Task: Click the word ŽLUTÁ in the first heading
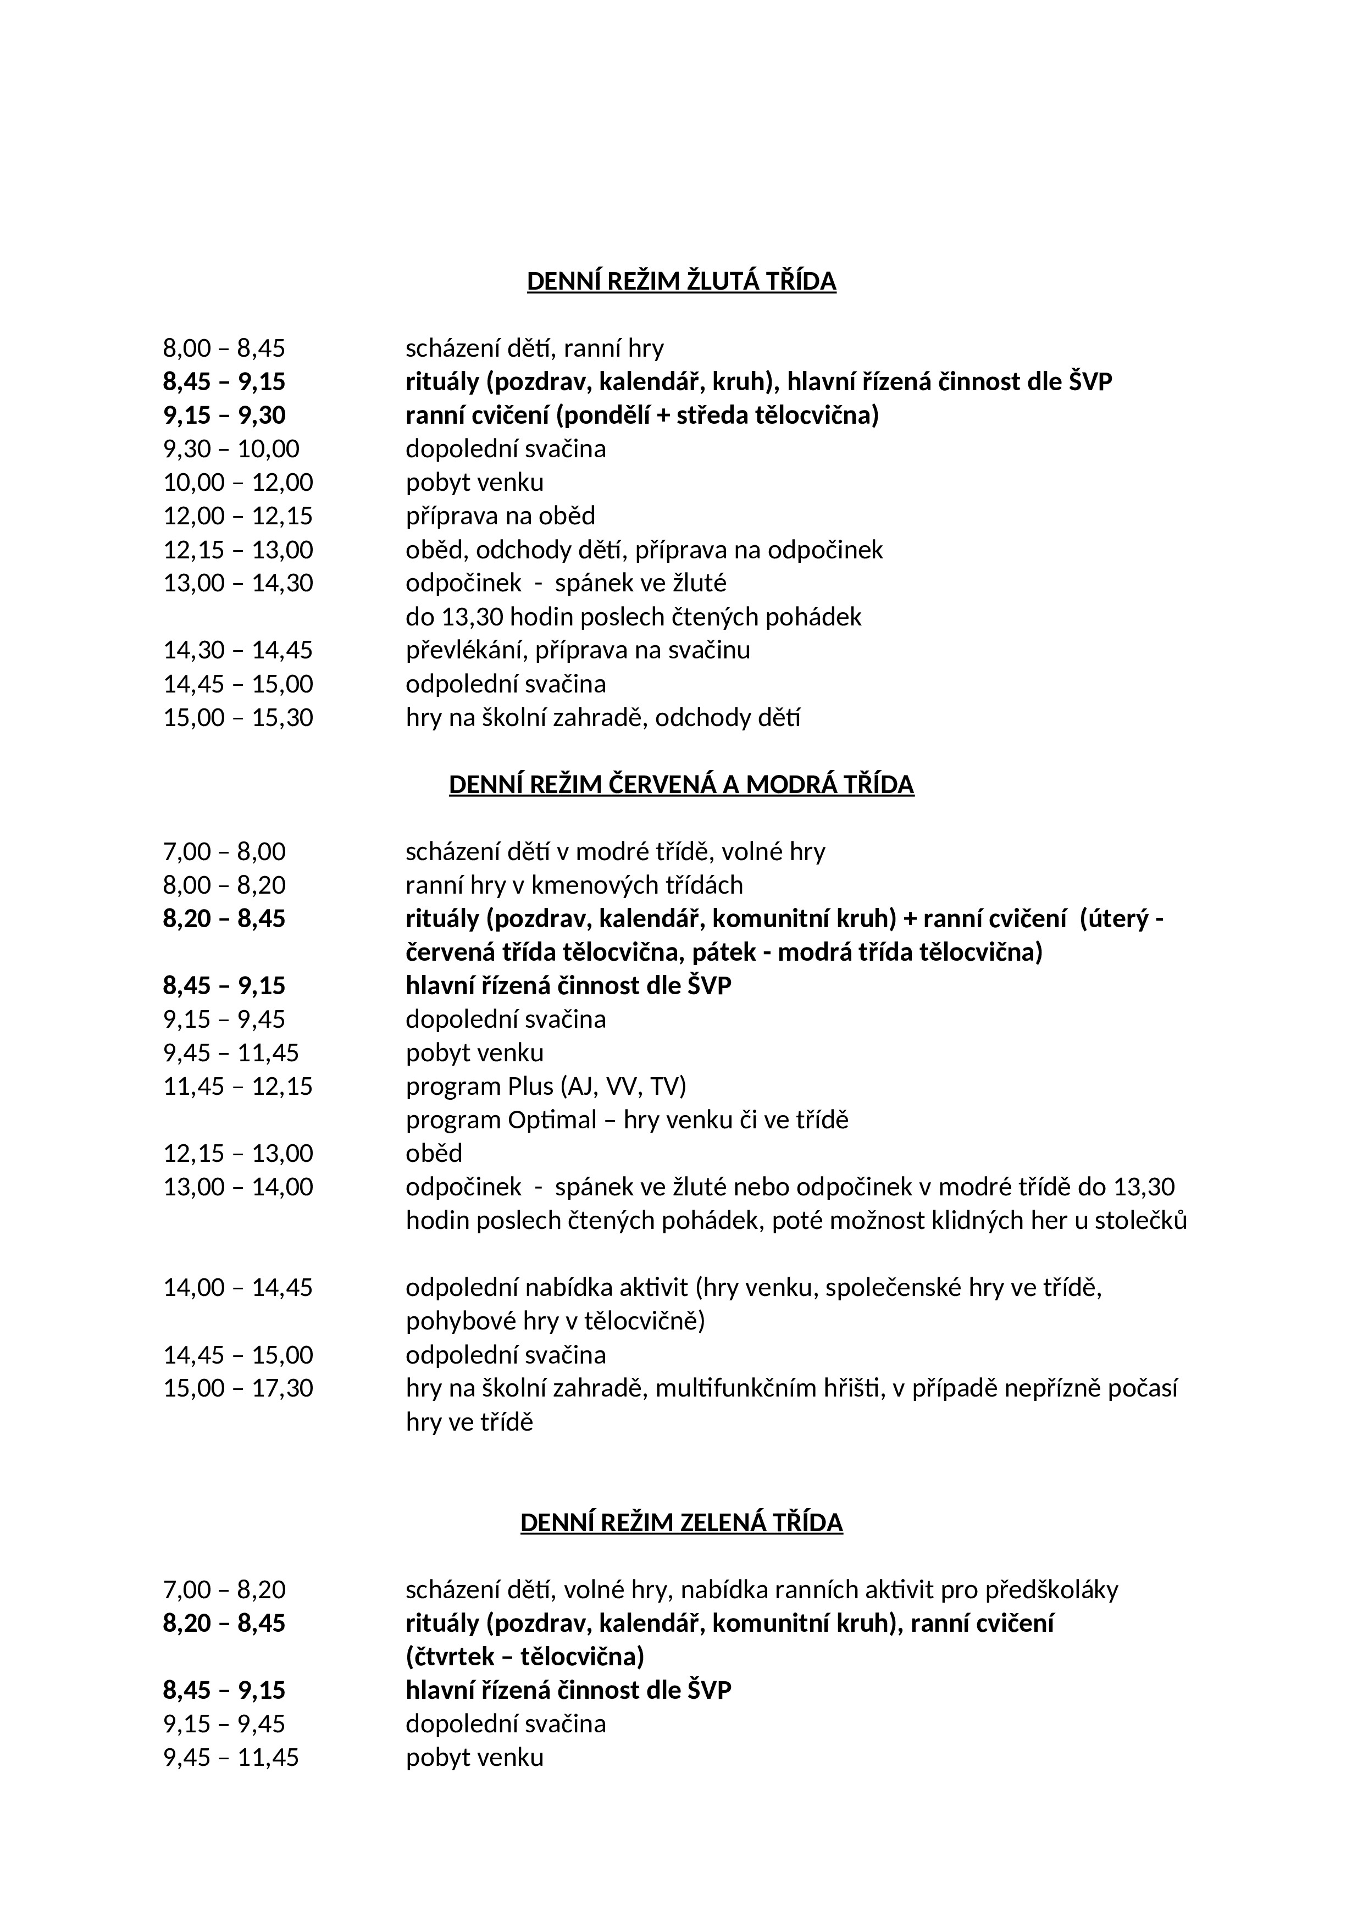pyautogui.click(x=722, y=281)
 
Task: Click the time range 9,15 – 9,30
pyautogui.click(x=224, y=415)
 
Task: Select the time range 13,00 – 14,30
pyautogui.click(x=237, y=583)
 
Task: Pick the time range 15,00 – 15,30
pyautogui.click(x=237, y=718)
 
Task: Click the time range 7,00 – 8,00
pyautogui.click(x=224, y=851)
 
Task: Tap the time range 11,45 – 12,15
pyautogui.click(x=237, y=1087)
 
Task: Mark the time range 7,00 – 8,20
pyautogui.click(x=224, y=1589)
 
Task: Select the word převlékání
pyautogui.click(x=462, y=651)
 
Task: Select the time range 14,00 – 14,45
pyautogui.click(x=237, y=1287)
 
